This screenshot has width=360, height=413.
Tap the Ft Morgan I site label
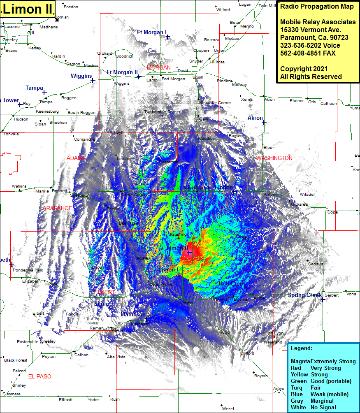[x=151, y=32]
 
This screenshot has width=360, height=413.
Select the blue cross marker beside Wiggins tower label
[x=93, y=81]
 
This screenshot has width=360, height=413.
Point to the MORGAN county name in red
[x=158, y=67]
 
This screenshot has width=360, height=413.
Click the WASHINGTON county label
[x=274, y=158]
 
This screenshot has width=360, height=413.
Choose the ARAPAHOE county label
[x=58, y=209]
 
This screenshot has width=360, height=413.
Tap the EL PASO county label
[x=40, y=376]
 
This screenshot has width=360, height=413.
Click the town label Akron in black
[x=269, y=100]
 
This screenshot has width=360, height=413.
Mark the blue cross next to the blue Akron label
[x=264, y=122]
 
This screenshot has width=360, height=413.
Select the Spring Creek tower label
[x=304, y=295]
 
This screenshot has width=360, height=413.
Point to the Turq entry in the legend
[x=297, y=388]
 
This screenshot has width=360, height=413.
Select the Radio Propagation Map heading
[x=316, y=7]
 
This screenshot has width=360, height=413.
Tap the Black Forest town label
[x=16, y=360]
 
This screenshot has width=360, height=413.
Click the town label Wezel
[x=228, y=409]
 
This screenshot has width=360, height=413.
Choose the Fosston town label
[x=71, y=7]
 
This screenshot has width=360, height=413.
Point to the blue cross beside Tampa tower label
[x=44, y=93]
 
